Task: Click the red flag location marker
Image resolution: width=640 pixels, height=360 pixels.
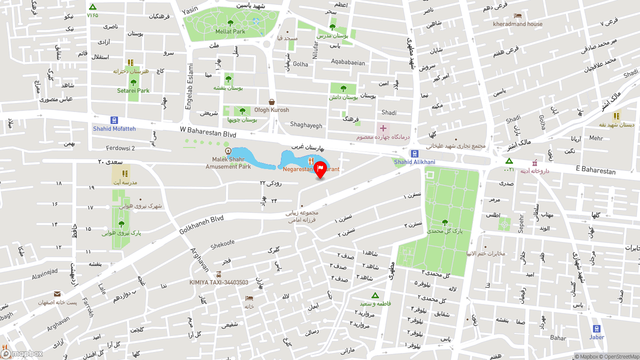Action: click(320, 169)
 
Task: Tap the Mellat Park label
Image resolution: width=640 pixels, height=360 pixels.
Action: click(230, 31)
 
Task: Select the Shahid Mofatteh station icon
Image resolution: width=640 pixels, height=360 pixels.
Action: click(114, 120)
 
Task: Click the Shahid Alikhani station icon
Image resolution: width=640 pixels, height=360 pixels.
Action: click(414, 153)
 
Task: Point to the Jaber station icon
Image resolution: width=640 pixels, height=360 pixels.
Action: click(596, 328)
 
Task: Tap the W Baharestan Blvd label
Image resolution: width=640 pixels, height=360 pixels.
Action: click(208, 131)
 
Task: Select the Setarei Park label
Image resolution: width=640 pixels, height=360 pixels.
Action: click(133, 91)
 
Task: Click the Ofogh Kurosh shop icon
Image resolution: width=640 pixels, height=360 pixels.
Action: click(271, 101)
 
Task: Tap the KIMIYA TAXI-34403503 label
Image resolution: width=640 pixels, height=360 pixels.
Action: click(218, 282)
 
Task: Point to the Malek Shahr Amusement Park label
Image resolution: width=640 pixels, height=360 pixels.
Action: click(228, 163)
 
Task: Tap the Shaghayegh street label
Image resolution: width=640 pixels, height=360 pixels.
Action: click(306, 125)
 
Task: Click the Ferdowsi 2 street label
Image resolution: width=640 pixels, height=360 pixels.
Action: click(120, 148)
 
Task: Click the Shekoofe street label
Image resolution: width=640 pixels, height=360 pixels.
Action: click(222, 244)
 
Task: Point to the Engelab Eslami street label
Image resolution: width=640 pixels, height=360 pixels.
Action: click(189, 86)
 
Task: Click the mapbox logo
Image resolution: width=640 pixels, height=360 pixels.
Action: click(22, 353)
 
